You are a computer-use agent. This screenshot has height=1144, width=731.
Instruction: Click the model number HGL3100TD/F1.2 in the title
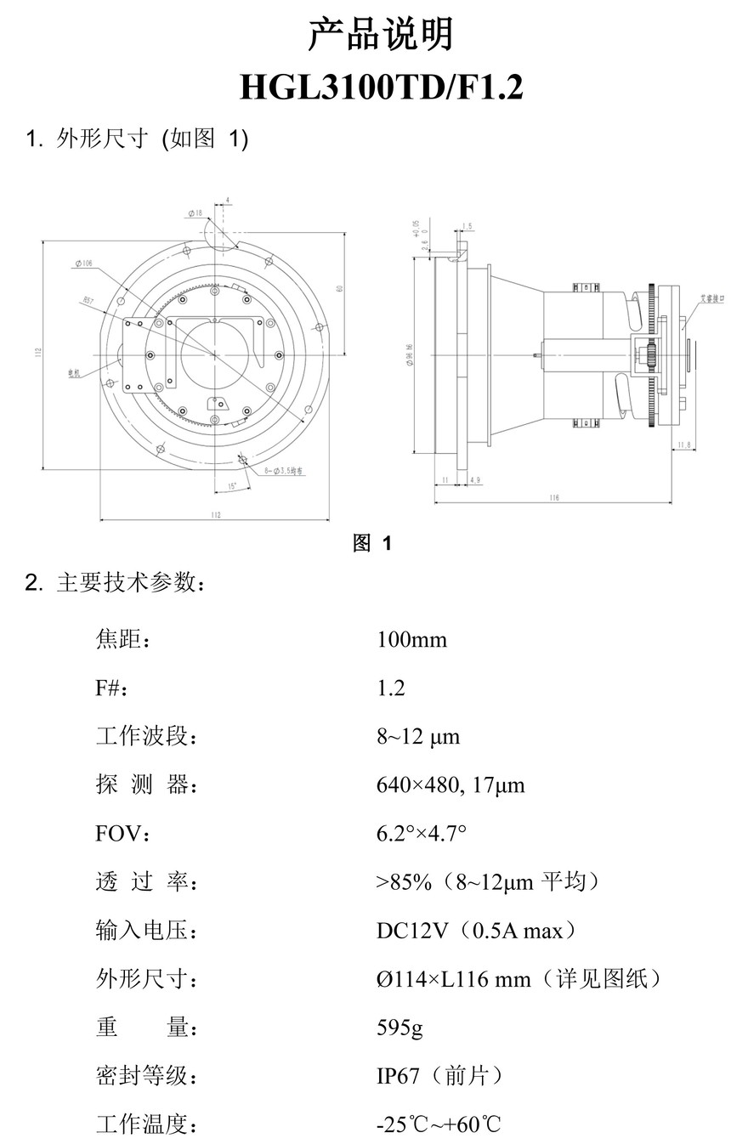point(382,87)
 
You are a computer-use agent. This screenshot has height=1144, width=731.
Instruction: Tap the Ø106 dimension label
point(83,264)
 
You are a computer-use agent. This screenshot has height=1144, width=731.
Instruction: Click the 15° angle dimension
point(232,487)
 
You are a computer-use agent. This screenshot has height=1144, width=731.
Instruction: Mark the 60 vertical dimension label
point(339,289)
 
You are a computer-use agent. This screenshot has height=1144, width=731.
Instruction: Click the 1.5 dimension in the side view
point(467,226)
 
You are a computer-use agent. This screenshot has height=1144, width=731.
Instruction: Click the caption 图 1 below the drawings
point(372,543)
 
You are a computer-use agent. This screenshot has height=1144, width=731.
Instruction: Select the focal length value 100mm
point(411,639)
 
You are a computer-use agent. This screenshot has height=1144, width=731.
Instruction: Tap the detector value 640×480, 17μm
point(450,785)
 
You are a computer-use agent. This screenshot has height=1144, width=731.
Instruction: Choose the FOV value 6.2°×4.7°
point(422,834)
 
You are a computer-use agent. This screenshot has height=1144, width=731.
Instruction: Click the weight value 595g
point(399,1028)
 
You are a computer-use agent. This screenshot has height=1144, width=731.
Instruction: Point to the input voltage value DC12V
point(412,932)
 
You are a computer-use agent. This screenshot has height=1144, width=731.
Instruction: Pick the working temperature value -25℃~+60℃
point(439,1125)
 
